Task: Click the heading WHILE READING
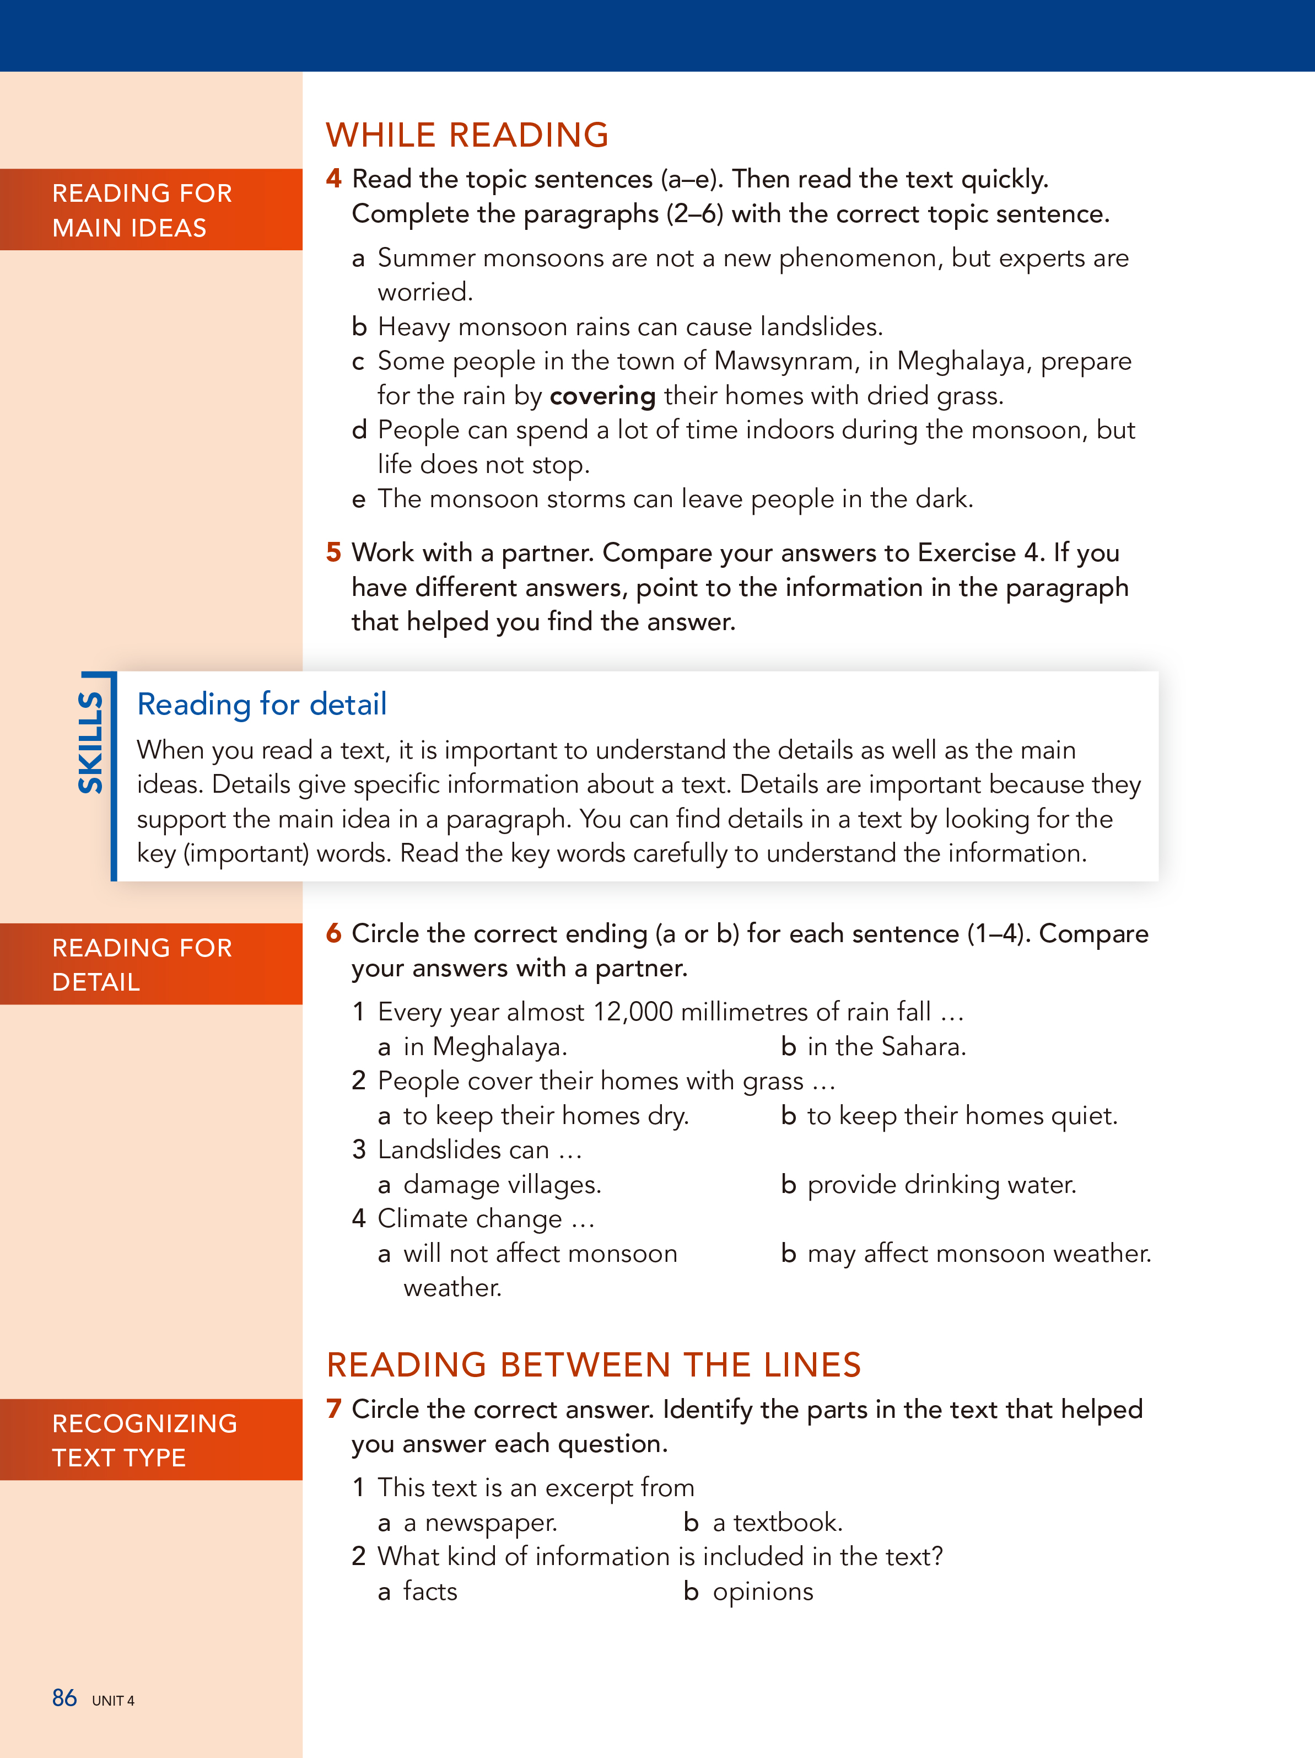coord(467,135)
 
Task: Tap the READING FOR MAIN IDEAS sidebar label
coord(142,210)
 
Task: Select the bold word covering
coord(602,396)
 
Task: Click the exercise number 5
coord(334,552)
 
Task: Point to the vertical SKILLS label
coord(90,743)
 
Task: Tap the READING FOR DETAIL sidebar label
coord(142,964)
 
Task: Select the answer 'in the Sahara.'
coord(886,1047)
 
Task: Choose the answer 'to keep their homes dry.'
coord(545,1116)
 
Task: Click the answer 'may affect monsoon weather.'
coord(979,1254)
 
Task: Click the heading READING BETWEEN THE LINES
coord(594,1364)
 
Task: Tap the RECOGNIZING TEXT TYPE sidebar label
coord(144,1439)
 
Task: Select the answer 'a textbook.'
coord(777,1522)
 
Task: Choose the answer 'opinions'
coord(763,1591)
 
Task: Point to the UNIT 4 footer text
coord(113,1701)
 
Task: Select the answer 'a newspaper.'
coord(480,1522)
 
